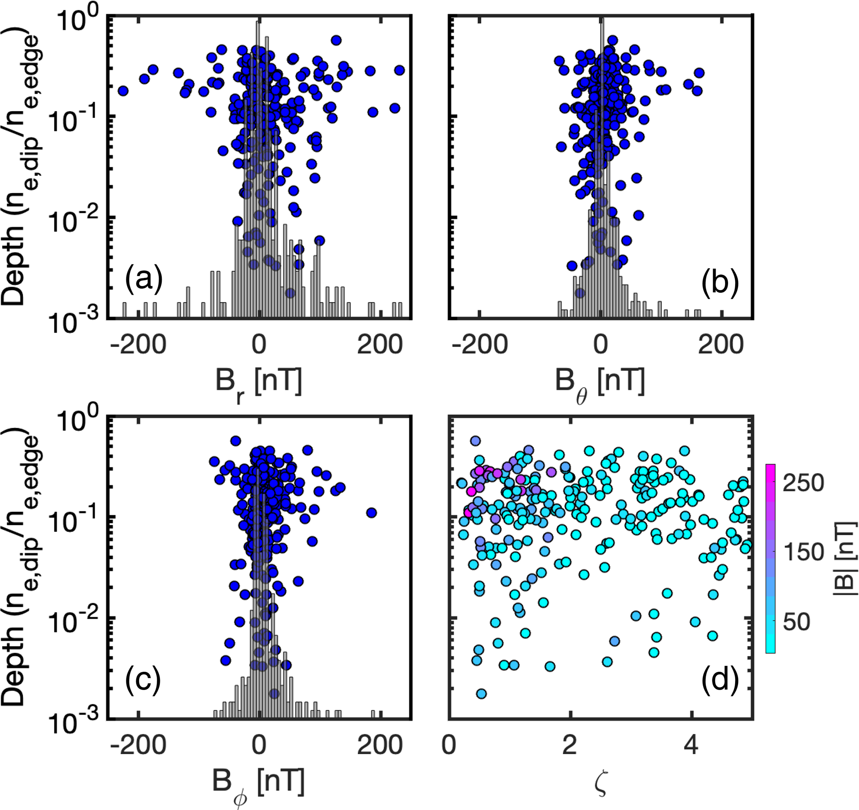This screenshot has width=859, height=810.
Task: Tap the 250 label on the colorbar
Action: [804, 483]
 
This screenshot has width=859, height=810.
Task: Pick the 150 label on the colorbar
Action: [804, 552]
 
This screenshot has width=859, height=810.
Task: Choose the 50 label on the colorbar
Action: [796, 622]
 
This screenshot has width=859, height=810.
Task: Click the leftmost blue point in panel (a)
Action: [123, 91]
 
